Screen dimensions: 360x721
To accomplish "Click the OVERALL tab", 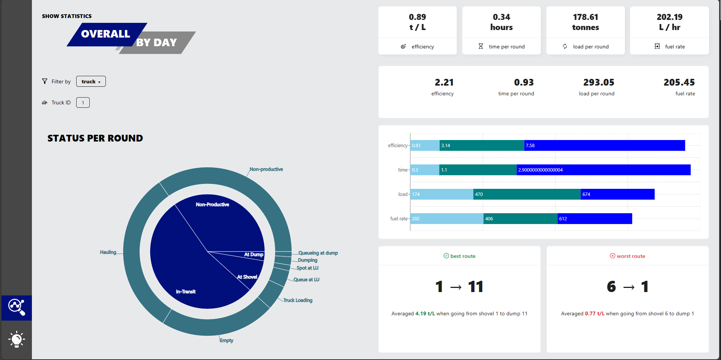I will click(105, 34).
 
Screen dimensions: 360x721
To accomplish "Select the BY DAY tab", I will click(157, 43).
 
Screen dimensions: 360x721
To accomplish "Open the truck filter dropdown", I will click(91, 81).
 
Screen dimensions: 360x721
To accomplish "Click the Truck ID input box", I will click(83, 102).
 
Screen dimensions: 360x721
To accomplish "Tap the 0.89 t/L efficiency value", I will click(417, 22).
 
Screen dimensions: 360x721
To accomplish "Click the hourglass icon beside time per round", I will click(481, 47).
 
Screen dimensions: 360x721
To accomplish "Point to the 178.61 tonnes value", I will click(585, 22).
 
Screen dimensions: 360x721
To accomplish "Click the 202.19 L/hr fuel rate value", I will click(669, 22).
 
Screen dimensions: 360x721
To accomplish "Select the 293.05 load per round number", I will click(598, 83).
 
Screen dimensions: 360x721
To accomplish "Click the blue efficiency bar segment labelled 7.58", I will click(604, 146).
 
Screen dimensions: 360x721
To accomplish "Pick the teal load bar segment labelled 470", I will click(527, 194).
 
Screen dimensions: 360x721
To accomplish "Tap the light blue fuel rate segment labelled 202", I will click(447, 219).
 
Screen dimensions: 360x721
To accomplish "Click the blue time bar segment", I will click(603, 170).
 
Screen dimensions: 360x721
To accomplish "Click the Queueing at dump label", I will click(318, 253).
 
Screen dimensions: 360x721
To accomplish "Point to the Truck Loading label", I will click(298, 300).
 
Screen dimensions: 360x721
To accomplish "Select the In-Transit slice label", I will click(186, 292).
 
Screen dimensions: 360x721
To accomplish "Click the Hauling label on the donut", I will click(108, 252).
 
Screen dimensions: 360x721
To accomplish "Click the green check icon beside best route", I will click(446, 256).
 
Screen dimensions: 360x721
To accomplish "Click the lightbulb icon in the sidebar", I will click(17, 339).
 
